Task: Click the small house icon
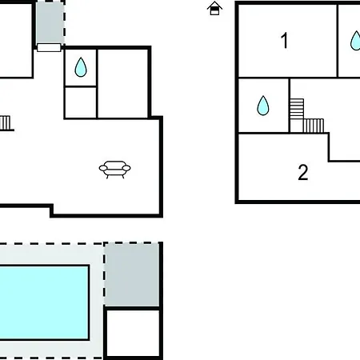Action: tap(214, 8)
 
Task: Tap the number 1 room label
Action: tap(285, 41)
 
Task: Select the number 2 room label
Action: tap(303, 173)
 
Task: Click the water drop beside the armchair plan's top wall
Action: tap(81, 67)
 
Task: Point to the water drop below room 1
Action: tap(263, 106)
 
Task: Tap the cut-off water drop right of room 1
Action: tap(356, 41)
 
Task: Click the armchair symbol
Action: tap(114, 170)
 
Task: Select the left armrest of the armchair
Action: tap(102, 168)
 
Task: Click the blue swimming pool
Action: tap(44, 302)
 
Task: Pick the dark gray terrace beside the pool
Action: tap(131, 274)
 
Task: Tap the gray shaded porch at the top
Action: tap(50, 22)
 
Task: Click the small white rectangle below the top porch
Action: tap(49, 48)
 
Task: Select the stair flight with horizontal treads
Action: tap(297, 109)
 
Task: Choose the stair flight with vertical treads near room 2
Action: tap(314, 126)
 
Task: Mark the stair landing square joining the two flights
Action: tap(297, 126)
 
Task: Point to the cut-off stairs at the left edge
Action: tap(6, 123)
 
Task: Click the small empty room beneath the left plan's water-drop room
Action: tap(81, 102)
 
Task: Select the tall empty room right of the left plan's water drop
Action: tap(123, 83)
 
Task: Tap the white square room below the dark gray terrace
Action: tap(133, 333)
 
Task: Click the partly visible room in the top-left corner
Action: tap(15, 40)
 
